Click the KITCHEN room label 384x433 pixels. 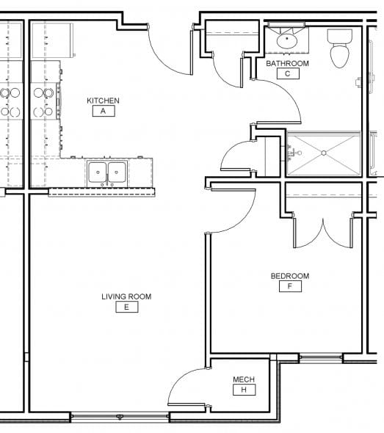point(103,101)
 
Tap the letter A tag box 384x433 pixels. point(104,111)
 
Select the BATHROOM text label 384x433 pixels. point(287,64)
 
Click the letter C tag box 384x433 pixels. point(288,73)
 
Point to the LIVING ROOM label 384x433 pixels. point(126,296)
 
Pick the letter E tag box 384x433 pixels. point(127,307)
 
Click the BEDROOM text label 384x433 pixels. point(290,276)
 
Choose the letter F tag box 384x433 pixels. point(290,286)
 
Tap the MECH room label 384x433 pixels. point(244,379)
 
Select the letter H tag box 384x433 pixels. point(244,390)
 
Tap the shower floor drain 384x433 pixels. point(324,153)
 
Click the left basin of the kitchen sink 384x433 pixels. point(97,172)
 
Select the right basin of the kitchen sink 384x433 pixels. point(117,172)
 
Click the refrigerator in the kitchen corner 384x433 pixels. point(52,40)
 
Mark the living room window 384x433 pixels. point(120,416)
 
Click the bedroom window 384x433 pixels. point(321,357)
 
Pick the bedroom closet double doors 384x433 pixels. point(323,233)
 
